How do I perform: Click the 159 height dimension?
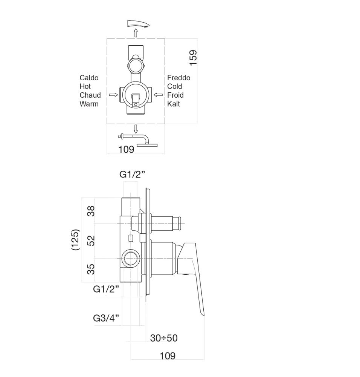pyautogui.click(x=193, y=58)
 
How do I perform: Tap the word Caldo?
pyautogui.click(x=89, y=78)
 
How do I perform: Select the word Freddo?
pyautogui.click(x=178, y=78)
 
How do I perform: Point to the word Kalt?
pyautogui.click(x=174, y=104)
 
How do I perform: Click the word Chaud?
pyautogui.click(x=90, y=95)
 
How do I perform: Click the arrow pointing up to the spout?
pyautogui.click(x=136, y=33)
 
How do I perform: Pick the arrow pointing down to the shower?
pyautogui.click(x=136, y=128)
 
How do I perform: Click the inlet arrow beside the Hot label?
pyautogui.click(x=113, y=95)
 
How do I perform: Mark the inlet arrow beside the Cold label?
pyautogui.click(x=159, y=95)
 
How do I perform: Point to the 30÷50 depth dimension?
pyautogui.click(x=163, y=338)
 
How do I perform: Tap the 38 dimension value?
pyautogui.click(x=91, y=211)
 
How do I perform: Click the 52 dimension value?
pyautogui.click(x=91, y=241)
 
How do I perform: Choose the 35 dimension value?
pyautogui.click(x=91, y=269)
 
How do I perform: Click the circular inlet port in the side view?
pyautogui.click(x=130, y=259)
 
